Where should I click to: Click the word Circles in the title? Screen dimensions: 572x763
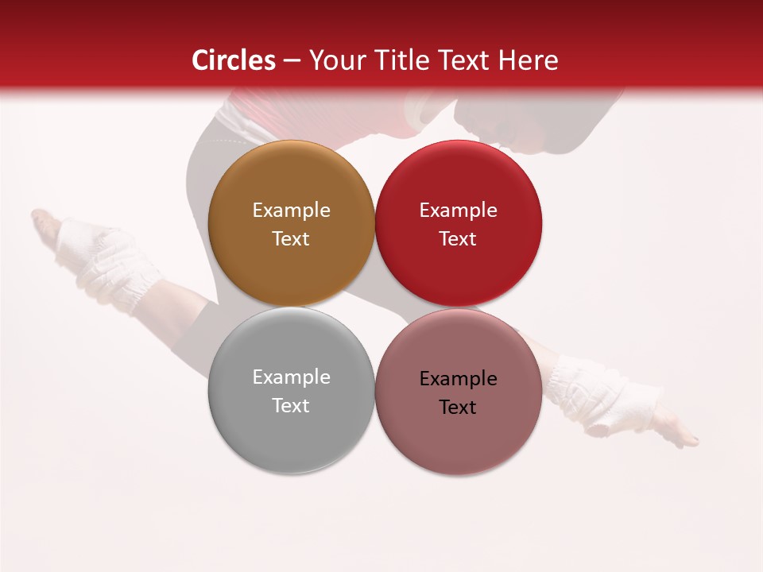pos(233,60)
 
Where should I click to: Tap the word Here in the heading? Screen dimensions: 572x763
pos(530,60)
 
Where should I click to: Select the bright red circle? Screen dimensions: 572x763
pos(459,270)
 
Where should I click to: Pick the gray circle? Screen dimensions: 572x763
pos(291,437)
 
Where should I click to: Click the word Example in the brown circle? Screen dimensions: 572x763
pos(291,211)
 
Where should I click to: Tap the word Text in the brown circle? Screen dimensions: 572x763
pos(291,239)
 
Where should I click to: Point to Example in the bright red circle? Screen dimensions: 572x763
pos(458,211)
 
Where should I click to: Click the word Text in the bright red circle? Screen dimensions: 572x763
pos(458,239)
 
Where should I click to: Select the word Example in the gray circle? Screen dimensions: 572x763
pos(291,377)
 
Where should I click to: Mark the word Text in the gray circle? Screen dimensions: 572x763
pos(291,406)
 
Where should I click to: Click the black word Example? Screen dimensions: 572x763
pos(458,379)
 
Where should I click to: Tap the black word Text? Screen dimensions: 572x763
pos(458,408)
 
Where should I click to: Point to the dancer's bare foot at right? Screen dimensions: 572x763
pos(676,433)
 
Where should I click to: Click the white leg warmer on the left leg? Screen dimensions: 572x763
pos(107,262)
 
